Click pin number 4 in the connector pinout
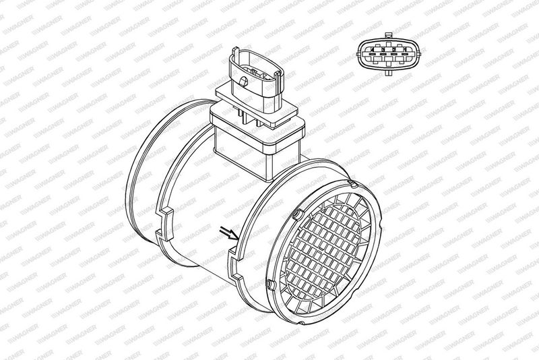point(373,50)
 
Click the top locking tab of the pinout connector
point(389,35)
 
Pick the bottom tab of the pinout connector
point(389,73)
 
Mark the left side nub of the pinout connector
point(358,54)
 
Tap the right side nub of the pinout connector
point(418,54)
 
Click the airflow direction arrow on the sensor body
point(229,233)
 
